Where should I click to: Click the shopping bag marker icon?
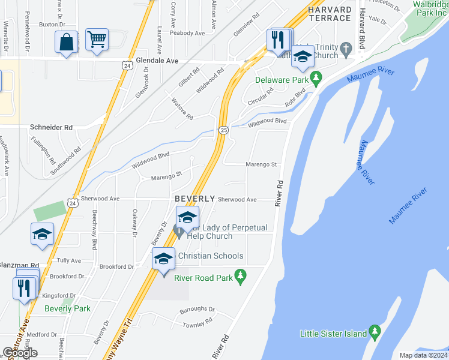click(66, 43)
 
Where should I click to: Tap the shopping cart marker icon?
click(96, 40)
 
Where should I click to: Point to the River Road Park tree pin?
click(241, 277)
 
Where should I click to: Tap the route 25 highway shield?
click(223, 130)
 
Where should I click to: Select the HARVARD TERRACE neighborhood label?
click(330, 14)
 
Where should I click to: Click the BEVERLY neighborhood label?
click(194, 199)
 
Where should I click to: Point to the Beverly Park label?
click(67, 309)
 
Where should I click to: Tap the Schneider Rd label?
click(51, 128)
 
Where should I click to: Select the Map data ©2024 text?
click(423, 355)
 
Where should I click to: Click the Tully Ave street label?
click(68, 261)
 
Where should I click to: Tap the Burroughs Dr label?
click(197, 310)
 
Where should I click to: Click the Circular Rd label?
click(261, 92)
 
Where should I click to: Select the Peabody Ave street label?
click(187, 34)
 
